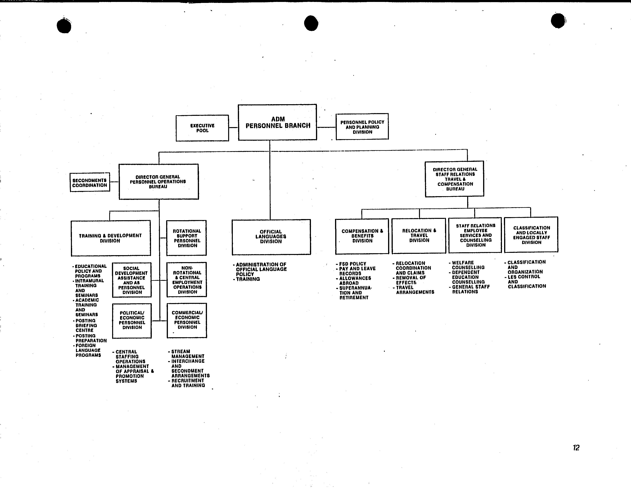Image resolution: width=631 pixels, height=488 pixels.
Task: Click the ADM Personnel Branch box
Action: tap(277, 122)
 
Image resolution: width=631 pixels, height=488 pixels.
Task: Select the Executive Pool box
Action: tap(202, 128)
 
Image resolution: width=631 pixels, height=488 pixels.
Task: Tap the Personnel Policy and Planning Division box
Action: tap(362, 127)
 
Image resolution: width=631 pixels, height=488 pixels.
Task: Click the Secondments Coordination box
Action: tap(90, 182)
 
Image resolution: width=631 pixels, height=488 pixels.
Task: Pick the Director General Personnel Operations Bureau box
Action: tap(159, 182)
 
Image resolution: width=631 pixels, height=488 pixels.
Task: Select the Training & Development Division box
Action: tap(111, 238)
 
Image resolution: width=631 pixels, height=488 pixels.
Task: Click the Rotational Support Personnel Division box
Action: tap(187, 238)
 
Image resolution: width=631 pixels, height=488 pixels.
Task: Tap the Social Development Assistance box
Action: tap(132, 280)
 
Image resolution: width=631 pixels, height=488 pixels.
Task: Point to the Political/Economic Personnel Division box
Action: tap(132, 321)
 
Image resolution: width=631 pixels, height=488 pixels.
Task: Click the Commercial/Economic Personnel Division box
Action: tap(187, 320)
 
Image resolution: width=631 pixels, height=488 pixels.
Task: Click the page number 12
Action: tap(576, 448)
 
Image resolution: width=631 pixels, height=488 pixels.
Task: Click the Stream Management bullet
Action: tap(186, 354)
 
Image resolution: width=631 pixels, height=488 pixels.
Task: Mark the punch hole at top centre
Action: tap(311, 23)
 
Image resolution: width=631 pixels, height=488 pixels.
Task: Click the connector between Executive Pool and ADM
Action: tap(233, 127)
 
